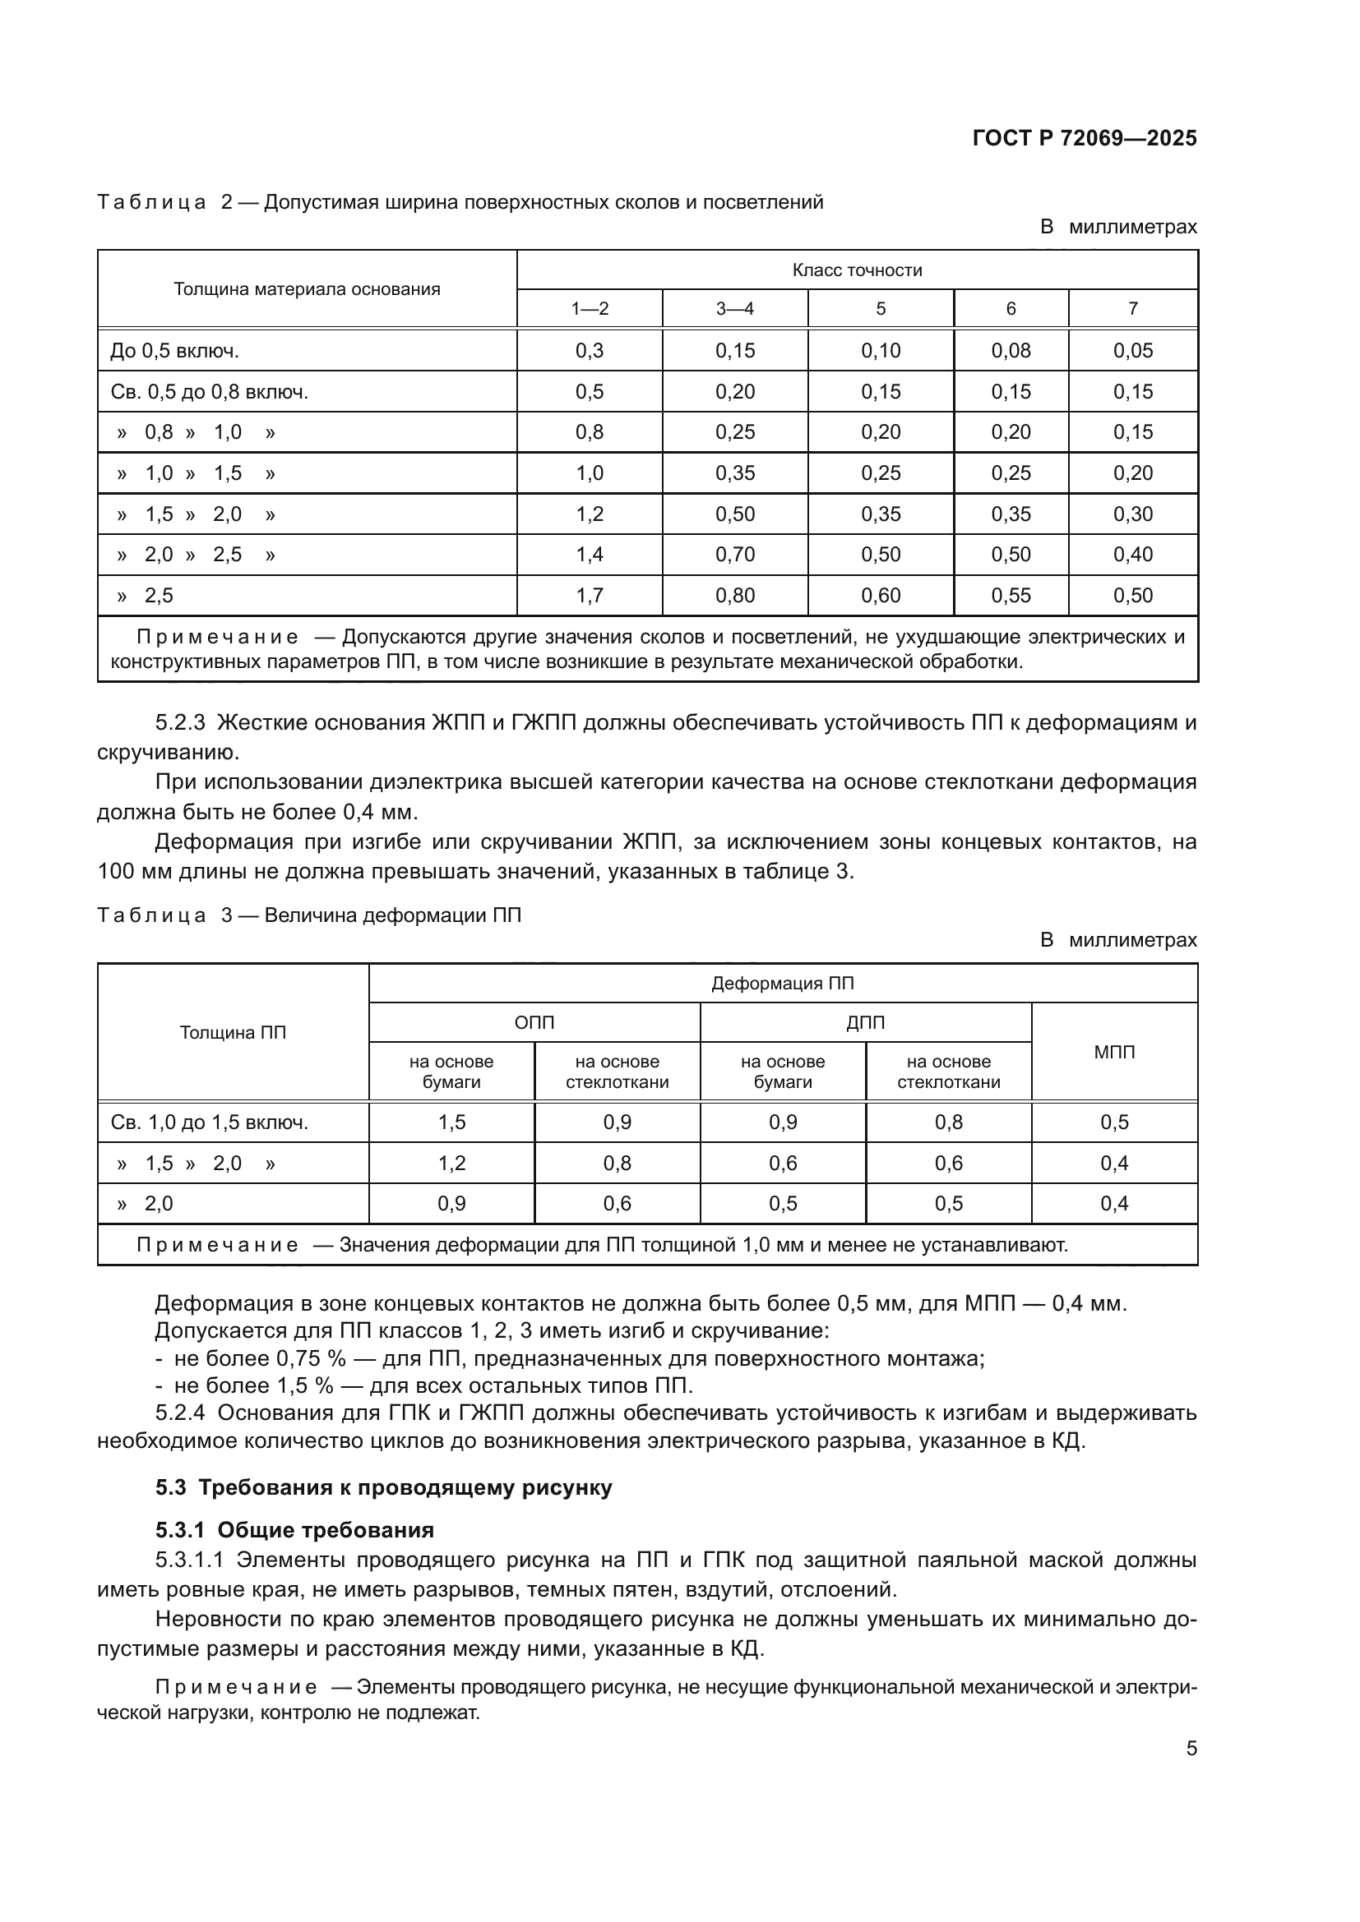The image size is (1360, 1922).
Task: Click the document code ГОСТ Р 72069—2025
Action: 1085,138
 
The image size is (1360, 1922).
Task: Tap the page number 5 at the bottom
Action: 1191,1748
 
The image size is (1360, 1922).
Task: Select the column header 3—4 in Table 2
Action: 734,309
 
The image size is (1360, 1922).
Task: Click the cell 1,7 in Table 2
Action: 589,596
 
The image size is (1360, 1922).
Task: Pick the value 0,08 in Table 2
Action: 1010,351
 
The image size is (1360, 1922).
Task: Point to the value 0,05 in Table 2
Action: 1132,351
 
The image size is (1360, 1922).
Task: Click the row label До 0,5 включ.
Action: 174,351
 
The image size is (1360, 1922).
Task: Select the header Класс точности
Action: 857,270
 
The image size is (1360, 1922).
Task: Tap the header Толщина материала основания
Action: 307,289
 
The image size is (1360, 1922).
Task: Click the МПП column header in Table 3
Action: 1114,1053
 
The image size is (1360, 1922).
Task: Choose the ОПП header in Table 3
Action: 534,1023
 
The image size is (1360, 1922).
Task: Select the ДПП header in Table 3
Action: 865,1023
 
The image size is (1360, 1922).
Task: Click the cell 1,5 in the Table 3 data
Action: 451,1122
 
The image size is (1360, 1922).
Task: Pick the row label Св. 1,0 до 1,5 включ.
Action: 210,1122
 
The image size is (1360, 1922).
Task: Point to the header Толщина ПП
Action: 233,1033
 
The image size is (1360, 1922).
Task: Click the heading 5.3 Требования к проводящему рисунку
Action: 383,1487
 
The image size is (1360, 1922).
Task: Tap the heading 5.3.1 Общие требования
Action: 295,1530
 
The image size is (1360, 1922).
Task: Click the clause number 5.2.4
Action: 180,1413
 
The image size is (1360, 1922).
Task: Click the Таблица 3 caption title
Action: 309,915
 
